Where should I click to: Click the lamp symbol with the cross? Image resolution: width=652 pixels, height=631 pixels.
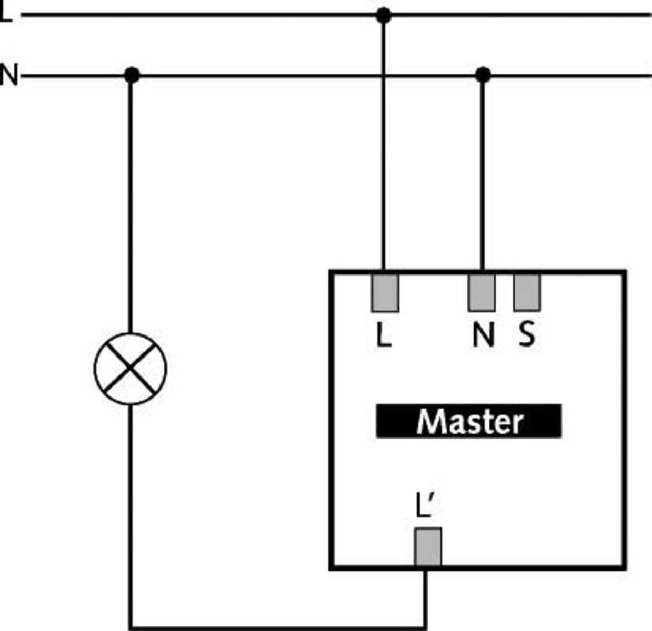[x=131, y=369]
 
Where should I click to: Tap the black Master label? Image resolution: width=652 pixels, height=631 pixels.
[x=468, y=421]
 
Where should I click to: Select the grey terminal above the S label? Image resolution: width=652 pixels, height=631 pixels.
[x=527, y=292]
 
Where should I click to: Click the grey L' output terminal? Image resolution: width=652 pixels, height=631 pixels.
[x=428, y=547]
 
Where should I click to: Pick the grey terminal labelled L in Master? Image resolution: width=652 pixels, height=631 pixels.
[x=385, y=292]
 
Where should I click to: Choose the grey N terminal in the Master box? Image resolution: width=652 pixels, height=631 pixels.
[x=482, y=292]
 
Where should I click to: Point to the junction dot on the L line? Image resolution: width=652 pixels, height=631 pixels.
[x=384, y=15]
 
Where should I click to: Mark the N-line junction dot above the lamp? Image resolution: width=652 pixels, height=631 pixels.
[x=132, y=75]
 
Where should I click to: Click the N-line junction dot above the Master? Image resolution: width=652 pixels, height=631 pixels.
[x=483, y=75]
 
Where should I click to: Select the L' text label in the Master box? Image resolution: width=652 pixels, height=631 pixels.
[x=425, y=506]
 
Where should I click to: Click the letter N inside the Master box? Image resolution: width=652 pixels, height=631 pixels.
[x=483, y=334]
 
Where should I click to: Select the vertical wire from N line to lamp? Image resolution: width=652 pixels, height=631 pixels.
[x=131, y=205]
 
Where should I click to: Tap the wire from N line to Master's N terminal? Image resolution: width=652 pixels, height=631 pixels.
[x=482, y=174]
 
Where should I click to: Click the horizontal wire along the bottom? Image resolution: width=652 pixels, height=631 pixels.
[x=279, y=627]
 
